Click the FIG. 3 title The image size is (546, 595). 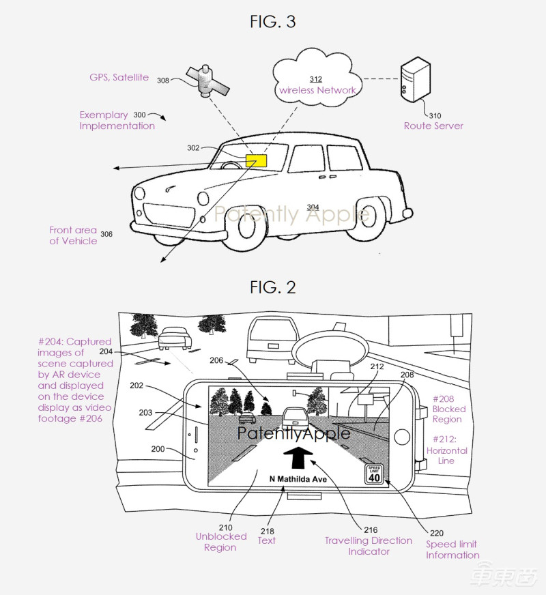(x=272, y=22)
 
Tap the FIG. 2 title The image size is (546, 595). (x=272, y=287)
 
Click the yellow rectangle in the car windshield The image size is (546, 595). (x=257, y=161)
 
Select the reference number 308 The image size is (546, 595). (x=163, y=81)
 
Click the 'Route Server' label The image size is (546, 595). (x=433, y=126)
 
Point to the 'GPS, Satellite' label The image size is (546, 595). (x=119, y=78)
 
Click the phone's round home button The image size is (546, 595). (x=403, y=435)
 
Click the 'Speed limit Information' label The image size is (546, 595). (x=452, y=549)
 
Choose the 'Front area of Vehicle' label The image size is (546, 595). (x=73, y=235)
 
